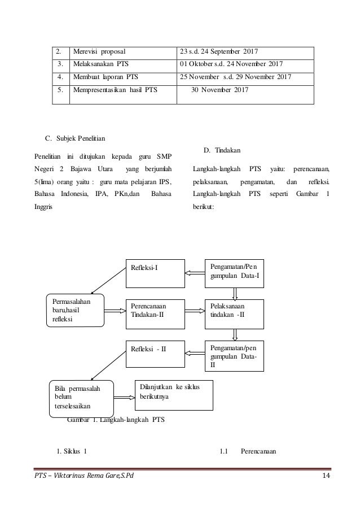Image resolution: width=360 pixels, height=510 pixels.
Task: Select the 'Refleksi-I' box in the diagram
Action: pyautogui.click(x=154, y=272)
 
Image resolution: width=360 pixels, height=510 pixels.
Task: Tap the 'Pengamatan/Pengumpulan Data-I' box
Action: pyautogui.click(x=234, y=272)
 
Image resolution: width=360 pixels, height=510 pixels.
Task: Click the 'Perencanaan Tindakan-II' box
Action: pyautogui.click(x=154, y=310)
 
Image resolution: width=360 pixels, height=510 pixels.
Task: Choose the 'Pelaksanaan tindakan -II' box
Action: pyautogui.click(x=234, y=310)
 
